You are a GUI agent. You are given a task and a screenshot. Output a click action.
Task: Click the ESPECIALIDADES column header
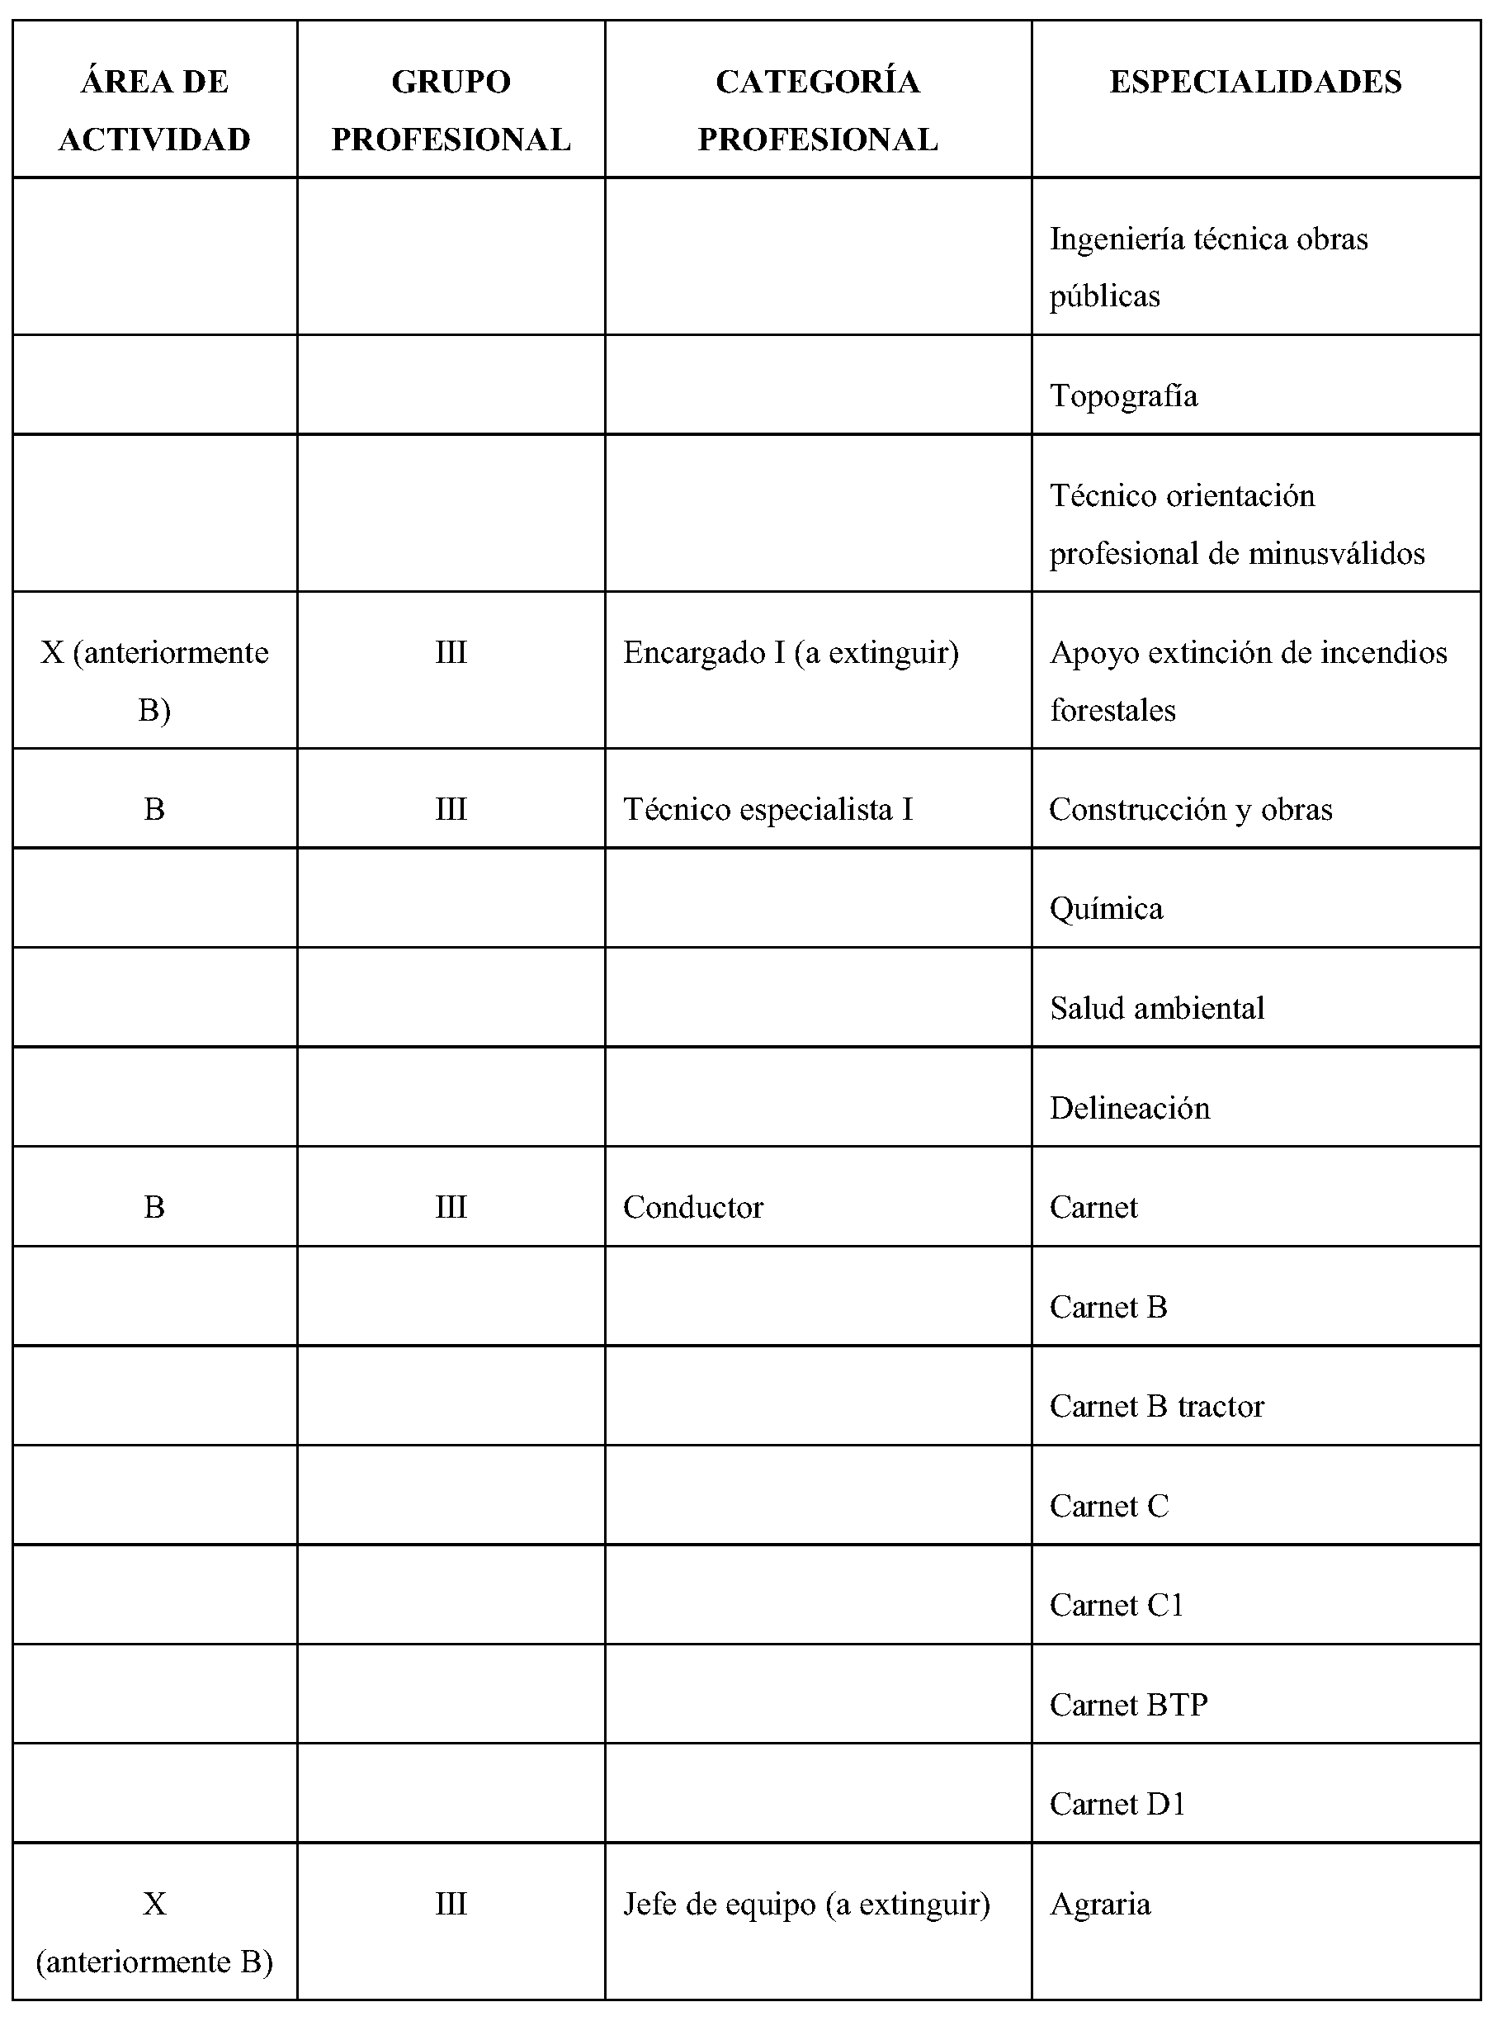point(1254,82)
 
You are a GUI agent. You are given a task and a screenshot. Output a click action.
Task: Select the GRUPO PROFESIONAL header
point(450,110)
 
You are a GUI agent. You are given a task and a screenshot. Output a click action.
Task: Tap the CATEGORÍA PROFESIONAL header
point(817,110)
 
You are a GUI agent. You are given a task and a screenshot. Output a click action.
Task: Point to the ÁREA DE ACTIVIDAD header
point(154,110)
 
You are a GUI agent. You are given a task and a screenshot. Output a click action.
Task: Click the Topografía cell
point(1123,395)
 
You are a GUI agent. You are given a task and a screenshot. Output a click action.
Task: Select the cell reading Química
point(1106,909)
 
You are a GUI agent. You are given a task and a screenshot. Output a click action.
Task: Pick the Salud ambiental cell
point(1156,1008)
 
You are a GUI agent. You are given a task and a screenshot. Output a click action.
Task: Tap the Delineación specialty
point(1129,1108)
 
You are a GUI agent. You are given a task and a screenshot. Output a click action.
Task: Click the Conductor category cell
point(692,1207)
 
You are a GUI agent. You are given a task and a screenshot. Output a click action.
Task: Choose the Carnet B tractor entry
point(1156,1406)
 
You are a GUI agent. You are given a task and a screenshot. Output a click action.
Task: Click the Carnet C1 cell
point(1117,1606)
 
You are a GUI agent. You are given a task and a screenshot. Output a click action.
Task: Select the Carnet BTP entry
point(1128,1705)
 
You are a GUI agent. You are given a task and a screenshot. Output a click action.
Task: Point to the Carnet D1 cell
point(1117,1804)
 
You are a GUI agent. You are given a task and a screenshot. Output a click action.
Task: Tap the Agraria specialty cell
point(1100,1904)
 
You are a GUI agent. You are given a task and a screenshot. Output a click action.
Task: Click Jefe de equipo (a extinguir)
point(806,1904)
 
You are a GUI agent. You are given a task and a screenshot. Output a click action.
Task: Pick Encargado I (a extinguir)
point(791,652)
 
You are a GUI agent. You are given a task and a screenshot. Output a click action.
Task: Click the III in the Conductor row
point(450,1207)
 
